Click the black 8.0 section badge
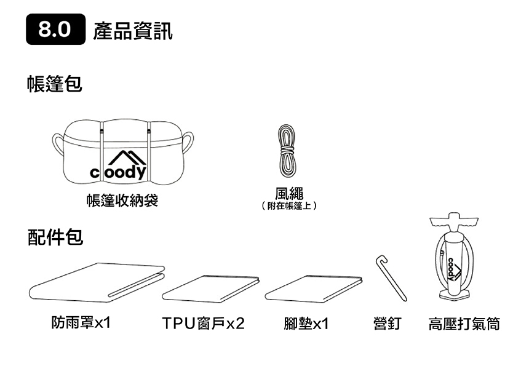(x=55, y=30)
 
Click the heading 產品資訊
(x=133, y=31)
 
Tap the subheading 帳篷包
(x=55, y=84)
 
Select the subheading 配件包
(x=55, y=237)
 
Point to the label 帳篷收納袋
(x=122, y=201)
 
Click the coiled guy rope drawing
(x=287, y=151)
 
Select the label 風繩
(x=289, y=194)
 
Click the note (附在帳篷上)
(x=289, y=205)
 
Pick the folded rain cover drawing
(x=97, y=282)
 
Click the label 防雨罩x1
(x=81, y=323)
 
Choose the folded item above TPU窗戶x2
(x=210, y=288)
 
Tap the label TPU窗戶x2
(x=203, y=324)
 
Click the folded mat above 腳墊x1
(x=314, y=288)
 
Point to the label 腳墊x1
(x=306, y=324)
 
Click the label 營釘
(x=388, y=324)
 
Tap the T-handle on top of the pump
(x=454, y=220)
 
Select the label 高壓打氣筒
(x=464, y=324)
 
